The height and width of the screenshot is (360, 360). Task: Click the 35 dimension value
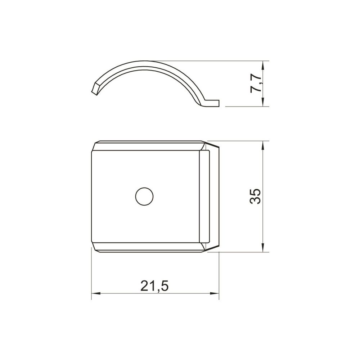point(255,196)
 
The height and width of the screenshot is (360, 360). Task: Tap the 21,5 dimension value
point(155,286)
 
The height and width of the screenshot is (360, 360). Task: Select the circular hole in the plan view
point(144,196)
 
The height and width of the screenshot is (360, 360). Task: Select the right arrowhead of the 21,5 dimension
point(214,293)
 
